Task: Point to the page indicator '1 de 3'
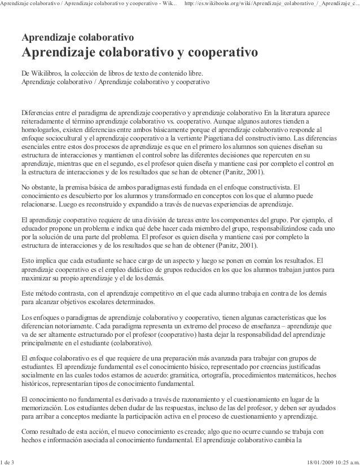[8, 461]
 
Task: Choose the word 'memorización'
[44, 409]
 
